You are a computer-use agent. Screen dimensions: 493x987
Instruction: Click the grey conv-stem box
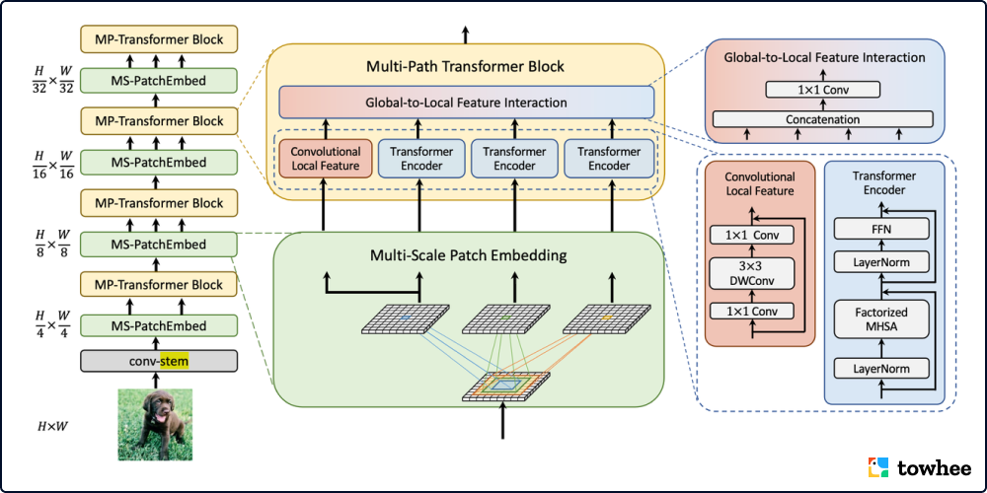(158, 361)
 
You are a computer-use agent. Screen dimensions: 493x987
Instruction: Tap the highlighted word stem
(174, 361)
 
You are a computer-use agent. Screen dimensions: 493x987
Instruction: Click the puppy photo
(154, 423)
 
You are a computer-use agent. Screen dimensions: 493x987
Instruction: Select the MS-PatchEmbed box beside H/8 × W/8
(158, 245)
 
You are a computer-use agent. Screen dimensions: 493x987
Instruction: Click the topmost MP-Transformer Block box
(158, 40)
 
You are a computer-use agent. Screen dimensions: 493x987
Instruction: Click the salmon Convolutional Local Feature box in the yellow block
(325, 159)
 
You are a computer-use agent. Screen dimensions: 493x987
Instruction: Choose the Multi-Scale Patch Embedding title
(468, 255)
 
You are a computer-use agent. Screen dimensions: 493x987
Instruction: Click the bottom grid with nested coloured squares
(504, 387)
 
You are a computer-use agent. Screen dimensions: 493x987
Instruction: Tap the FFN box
(883, 230)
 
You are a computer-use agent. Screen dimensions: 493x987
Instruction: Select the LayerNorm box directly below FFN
(883, 262)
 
